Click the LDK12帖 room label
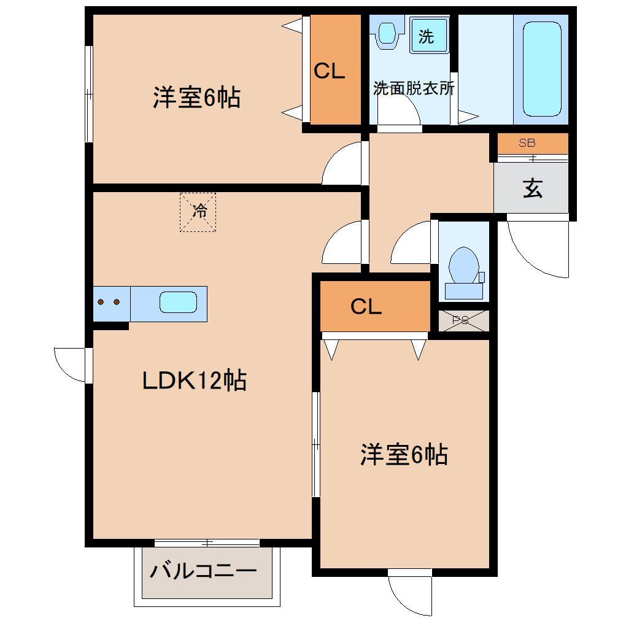194,381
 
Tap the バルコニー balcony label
203,571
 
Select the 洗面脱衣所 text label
414,88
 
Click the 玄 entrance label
532,188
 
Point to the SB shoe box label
527,144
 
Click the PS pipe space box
463,320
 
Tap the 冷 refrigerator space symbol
198,212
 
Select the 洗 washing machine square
426,37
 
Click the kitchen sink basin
178,303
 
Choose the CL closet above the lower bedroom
367,306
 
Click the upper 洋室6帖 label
196,98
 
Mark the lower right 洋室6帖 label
403,455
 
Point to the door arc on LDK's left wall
71,365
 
